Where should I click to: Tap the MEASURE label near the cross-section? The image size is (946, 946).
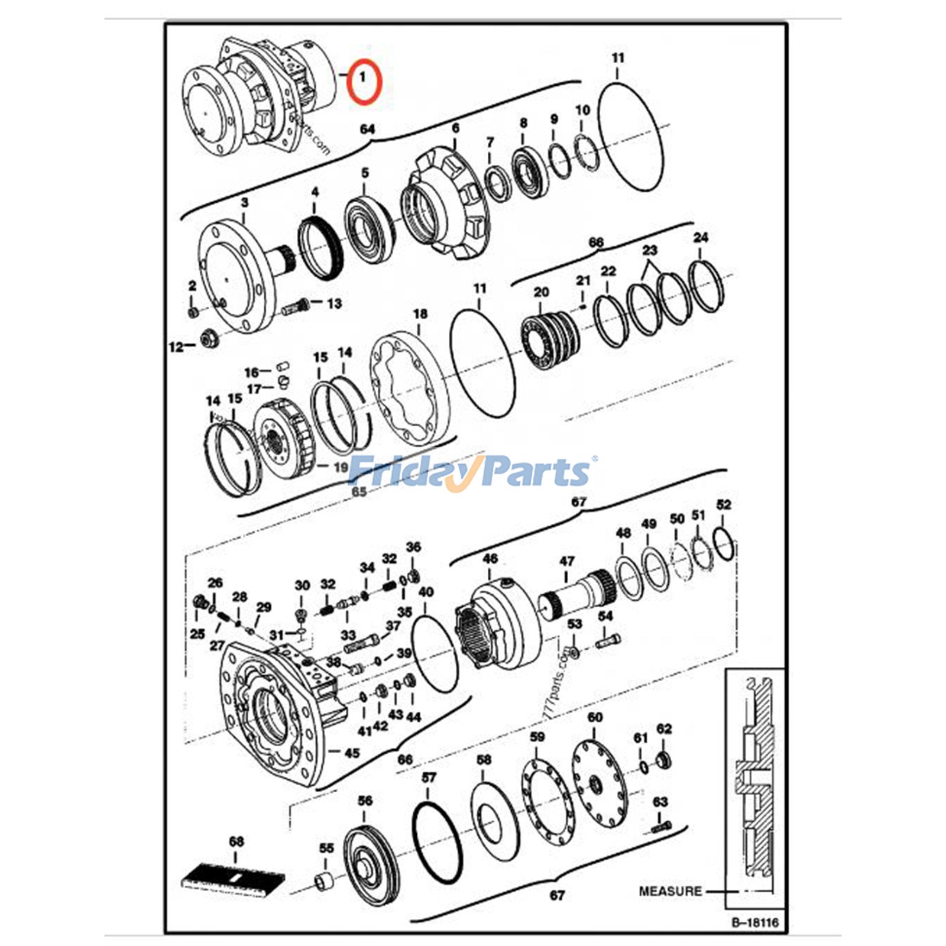coord(670,890)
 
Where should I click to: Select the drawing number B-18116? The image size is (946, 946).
coord(755,921)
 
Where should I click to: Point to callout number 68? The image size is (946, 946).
coord(236,841)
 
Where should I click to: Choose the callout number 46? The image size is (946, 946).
coord(490,558)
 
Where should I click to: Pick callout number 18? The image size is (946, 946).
coord(420,314)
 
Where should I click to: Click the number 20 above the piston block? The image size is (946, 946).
coord(541,292)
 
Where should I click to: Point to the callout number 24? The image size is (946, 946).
coord(700,238)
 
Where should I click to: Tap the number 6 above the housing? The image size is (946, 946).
coord(455,128)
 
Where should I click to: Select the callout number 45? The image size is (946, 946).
coord(352,753)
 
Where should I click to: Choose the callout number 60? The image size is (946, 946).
coord(595,717)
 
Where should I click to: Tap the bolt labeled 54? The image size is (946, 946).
coord(608,640)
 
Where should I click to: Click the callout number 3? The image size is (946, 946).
coord(245,202)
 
